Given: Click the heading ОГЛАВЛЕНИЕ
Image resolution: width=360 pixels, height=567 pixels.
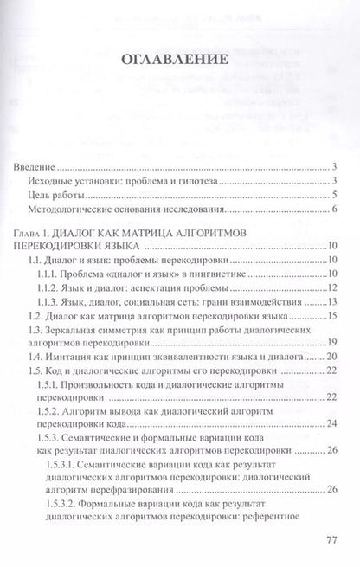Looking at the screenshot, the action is tap(180, 61).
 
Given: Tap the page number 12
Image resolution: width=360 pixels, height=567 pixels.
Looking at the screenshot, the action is tap(331, 288).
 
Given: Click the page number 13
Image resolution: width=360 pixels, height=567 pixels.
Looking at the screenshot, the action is tap(331, 303).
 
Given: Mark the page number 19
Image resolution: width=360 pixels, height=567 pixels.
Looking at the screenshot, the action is tap(331, 344).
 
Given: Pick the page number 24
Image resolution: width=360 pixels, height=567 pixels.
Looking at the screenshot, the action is tap(331, 425).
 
